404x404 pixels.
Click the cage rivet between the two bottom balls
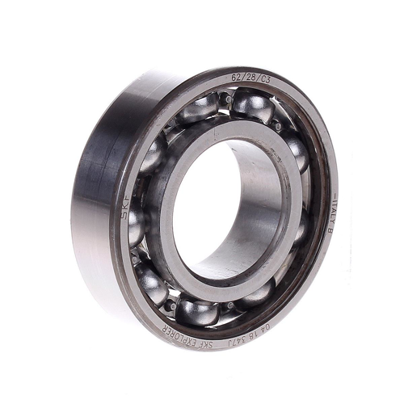(x=171, y=305)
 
